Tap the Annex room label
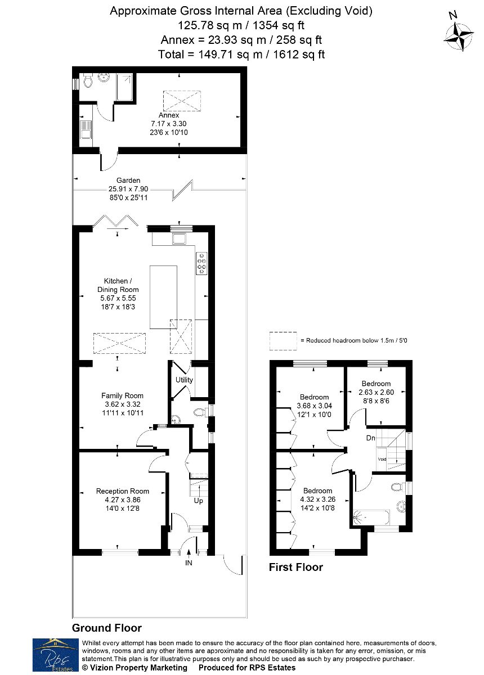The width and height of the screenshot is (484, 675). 169,115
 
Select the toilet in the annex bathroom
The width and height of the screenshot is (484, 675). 88,80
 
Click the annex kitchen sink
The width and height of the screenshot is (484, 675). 86,129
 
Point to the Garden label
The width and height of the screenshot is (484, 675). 128,180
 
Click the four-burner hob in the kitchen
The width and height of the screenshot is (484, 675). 201,263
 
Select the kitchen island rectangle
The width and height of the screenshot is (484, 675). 163,297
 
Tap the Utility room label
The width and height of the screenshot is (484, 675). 184,380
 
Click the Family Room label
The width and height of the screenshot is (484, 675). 122,395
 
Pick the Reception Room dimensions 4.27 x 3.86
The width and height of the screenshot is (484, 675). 123,499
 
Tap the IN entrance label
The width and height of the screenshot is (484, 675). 189,563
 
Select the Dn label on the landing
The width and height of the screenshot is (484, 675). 371,438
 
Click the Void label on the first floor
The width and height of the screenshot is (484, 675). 382,460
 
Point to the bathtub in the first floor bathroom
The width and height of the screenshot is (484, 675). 371,517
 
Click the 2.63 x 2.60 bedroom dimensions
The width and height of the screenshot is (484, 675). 376,393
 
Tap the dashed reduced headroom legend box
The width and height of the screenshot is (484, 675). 283,341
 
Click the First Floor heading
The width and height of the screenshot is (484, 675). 296,568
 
